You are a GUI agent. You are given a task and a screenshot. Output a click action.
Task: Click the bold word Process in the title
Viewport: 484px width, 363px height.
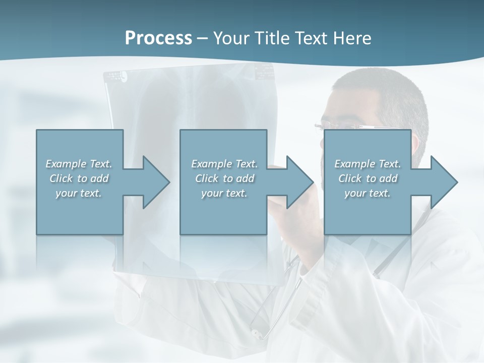coord(158,38)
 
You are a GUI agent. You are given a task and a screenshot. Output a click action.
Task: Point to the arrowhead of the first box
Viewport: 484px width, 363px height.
coord(156,182)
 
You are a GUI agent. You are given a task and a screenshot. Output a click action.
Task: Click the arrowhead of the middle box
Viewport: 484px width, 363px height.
coord(300,182)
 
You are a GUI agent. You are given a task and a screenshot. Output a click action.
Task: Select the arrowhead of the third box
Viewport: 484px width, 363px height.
coord(444,182)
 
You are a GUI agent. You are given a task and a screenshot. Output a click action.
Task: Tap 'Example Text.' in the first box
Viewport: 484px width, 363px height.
coord(79,164)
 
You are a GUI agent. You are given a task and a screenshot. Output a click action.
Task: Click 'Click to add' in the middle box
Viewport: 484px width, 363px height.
coord(224,178)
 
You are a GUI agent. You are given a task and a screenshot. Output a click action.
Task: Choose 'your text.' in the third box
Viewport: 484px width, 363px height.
coord(368,193)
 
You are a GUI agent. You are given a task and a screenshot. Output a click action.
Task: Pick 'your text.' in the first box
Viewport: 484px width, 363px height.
coord(79,193)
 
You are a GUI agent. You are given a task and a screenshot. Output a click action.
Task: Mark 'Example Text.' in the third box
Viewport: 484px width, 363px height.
coord(368,164)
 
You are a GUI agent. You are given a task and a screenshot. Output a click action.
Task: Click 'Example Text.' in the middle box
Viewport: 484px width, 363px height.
coord(224,164)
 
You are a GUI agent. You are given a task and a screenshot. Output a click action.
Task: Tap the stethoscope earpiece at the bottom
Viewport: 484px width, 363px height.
coord(258,333)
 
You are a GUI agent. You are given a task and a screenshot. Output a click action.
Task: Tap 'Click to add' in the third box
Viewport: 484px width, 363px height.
coord(368,178)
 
